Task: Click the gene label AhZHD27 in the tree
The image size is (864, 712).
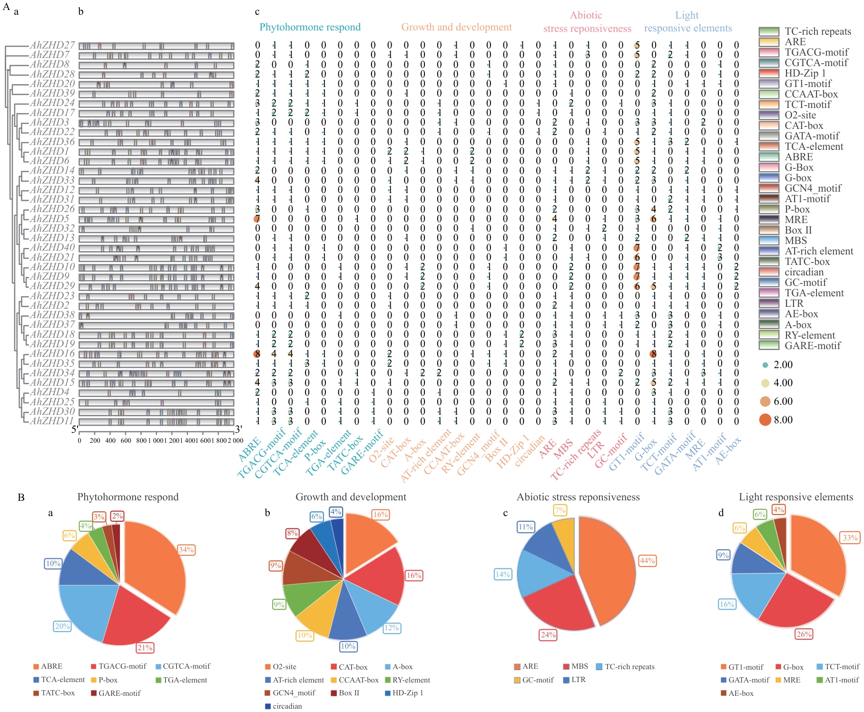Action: click(x=52, y=45)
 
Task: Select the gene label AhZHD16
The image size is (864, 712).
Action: click(x=52, y=353)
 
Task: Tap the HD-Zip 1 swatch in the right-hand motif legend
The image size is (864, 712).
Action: click(x=769, y=73)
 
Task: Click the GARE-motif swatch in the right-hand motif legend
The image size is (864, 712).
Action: click(x=769, y=346)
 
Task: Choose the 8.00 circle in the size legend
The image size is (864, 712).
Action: click(x=765, y=420)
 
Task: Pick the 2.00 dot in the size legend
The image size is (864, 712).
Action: click(x=765, y=365)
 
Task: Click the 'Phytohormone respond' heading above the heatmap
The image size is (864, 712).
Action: click(x=310, y=27)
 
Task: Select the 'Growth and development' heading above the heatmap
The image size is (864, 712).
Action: click(x=456, y=27)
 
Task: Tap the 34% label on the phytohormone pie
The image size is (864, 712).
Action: click(x=186, y=550)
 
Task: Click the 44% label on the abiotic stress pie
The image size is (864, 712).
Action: click(x=648, y=560)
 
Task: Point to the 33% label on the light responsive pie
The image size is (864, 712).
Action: click(x=850, y=537)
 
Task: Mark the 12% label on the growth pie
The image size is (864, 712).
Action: click(x=392, y=628)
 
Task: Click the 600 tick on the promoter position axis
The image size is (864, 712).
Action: click(x=126, y=440)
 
